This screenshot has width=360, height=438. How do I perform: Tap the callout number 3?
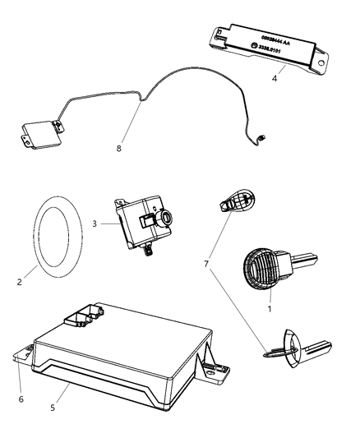tap(96, 223)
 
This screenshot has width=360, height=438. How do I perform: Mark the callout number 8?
tap(121, 150)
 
